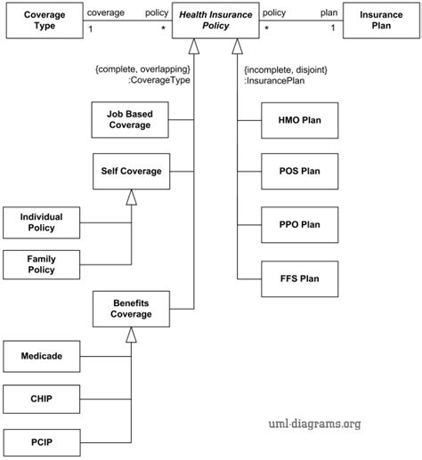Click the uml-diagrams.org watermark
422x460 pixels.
[314, 424]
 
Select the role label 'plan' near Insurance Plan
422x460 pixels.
[329, 13]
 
